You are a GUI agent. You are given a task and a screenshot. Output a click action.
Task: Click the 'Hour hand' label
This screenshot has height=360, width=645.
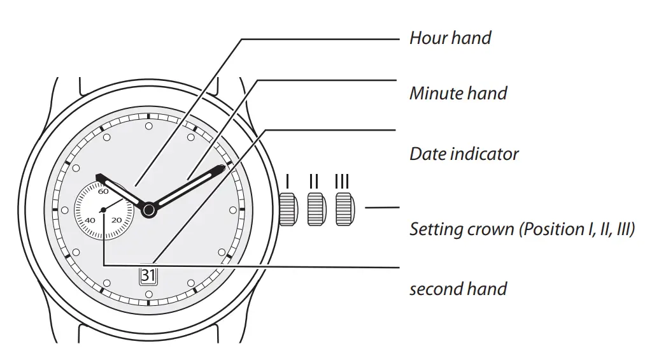click(450, 38)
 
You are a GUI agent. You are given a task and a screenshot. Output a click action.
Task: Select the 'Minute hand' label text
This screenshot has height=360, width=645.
click(458, 94)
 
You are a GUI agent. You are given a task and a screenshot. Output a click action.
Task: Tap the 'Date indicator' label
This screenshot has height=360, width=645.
click(464, 154)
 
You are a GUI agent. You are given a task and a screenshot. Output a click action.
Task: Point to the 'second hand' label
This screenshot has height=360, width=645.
click(458, 289)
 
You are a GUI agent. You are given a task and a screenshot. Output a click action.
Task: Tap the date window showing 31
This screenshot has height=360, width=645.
click(148, 276)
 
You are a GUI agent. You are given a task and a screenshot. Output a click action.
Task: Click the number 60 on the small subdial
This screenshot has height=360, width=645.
click(103, 191)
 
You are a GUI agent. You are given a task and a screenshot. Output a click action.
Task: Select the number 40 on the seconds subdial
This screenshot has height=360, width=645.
click(90, 220)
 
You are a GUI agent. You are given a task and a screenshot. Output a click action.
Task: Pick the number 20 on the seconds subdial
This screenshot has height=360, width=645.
click(117, 220)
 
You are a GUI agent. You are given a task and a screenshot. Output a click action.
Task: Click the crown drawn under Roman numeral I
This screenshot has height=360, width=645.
click(288, 209)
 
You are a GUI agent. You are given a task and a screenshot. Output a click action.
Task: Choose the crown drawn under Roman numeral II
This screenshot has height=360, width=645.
click(316, 209)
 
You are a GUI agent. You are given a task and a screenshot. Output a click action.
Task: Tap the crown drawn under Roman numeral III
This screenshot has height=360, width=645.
click(344, 209)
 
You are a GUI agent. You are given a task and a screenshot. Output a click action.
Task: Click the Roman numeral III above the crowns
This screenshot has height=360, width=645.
click(343, 182)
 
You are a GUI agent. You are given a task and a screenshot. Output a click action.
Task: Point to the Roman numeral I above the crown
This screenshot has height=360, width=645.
click(288, 182)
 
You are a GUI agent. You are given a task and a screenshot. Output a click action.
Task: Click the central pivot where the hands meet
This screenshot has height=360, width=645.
click(148, 209)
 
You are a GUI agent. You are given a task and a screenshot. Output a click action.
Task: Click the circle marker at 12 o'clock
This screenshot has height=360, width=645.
click(148, 126)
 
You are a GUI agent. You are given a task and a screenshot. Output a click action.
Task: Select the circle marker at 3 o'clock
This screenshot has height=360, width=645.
click(232, 209)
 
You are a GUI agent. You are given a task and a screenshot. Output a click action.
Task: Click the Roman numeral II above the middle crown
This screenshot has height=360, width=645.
click(314, 182)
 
